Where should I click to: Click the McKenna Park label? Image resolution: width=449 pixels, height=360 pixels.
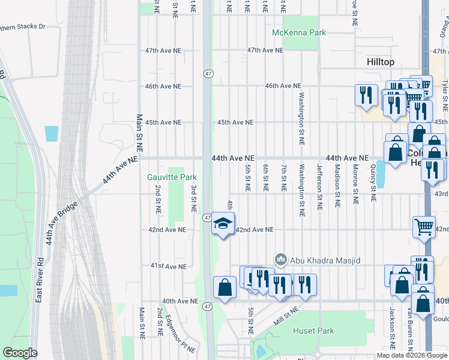coord(298,32)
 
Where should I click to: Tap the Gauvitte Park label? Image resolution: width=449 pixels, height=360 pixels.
coord(172,177)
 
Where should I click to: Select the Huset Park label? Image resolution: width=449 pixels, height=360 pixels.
coord(313,331)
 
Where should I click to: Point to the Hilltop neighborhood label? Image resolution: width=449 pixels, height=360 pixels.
coord(381,62)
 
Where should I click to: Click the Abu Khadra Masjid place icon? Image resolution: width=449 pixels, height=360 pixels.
coord(280,260)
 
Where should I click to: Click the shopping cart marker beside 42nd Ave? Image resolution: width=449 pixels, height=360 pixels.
coord(424,227)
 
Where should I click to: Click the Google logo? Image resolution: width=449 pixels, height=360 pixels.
coord(20,353)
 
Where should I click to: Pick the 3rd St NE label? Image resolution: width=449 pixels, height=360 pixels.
coord(194,199)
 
